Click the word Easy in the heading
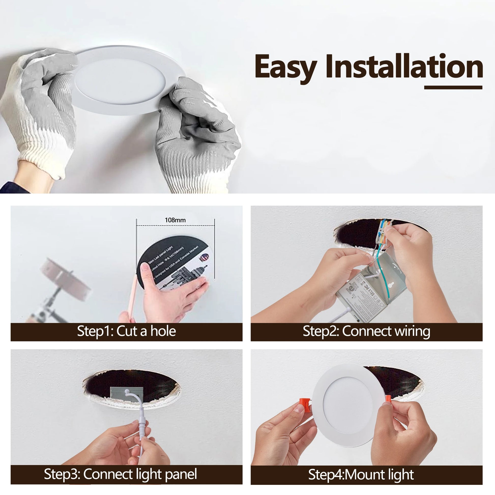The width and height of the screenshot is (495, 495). pyautogui.click(x=285, y=67)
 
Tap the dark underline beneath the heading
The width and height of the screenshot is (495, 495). pyautogui.click(x=453, y=87)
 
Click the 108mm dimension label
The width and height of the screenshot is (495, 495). pyautogui.click(x=175, y=220)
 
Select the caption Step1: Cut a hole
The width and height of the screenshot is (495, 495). pyautogui.click(x=126, y=331)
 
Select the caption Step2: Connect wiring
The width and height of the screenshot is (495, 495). pyautogui.click(x=366, y=331)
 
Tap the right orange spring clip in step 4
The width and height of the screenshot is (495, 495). pyautogui.click(x=388, y=399)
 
